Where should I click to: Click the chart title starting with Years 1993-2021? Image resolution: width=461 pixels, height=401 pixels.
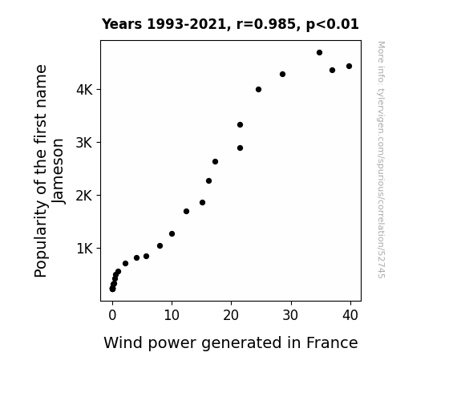230,24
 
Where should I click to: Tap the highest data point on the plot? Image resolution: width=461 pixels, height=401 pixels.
319,53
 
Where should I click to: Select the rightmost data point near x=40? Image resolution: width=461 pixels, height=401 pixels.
349,67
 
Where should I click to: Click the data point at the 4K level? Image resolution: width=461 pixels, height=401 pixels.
258,90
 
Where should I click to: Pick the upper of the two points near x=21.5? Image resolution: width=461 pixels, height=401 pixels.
240,125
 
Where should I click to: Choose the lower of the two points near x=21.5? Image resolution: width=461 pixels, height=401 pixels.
240,148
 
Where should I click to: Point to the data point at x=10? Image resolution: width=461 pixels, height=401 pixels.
172,234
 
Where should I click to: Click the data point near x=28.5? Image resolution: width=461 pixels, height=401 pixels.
282,74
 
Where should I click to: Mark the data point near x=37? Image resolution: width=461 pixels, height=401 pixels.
332,71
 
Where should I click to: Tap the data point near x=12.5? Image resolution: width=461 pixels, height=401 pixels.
186,211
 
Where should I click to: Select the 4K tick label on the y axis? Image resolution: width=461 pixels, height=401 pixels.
84,90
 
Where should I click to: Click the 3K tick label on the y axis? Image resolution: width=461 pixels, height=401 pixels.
84,143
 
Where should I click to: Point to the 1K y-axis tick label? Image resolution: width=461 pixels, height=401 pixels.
84,249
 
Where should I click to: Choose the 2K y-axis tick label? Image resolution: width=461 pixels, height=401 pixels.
84,196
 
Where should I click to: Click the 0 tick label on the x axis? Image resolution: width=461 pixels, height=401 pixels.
112,315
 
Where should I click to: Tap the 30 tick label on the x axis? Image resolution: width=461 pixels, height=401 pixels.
290,315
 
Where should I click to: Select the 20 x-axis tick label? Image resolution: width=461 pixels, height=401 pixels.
231,315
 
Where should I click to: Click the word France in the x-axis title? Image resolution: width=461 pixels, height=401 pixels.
332,343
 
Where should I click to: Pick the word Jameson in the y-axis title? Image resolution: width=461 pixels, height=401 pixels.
59,171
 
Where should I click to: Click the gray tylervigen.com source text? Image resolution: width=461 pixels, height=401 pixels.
381,160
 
